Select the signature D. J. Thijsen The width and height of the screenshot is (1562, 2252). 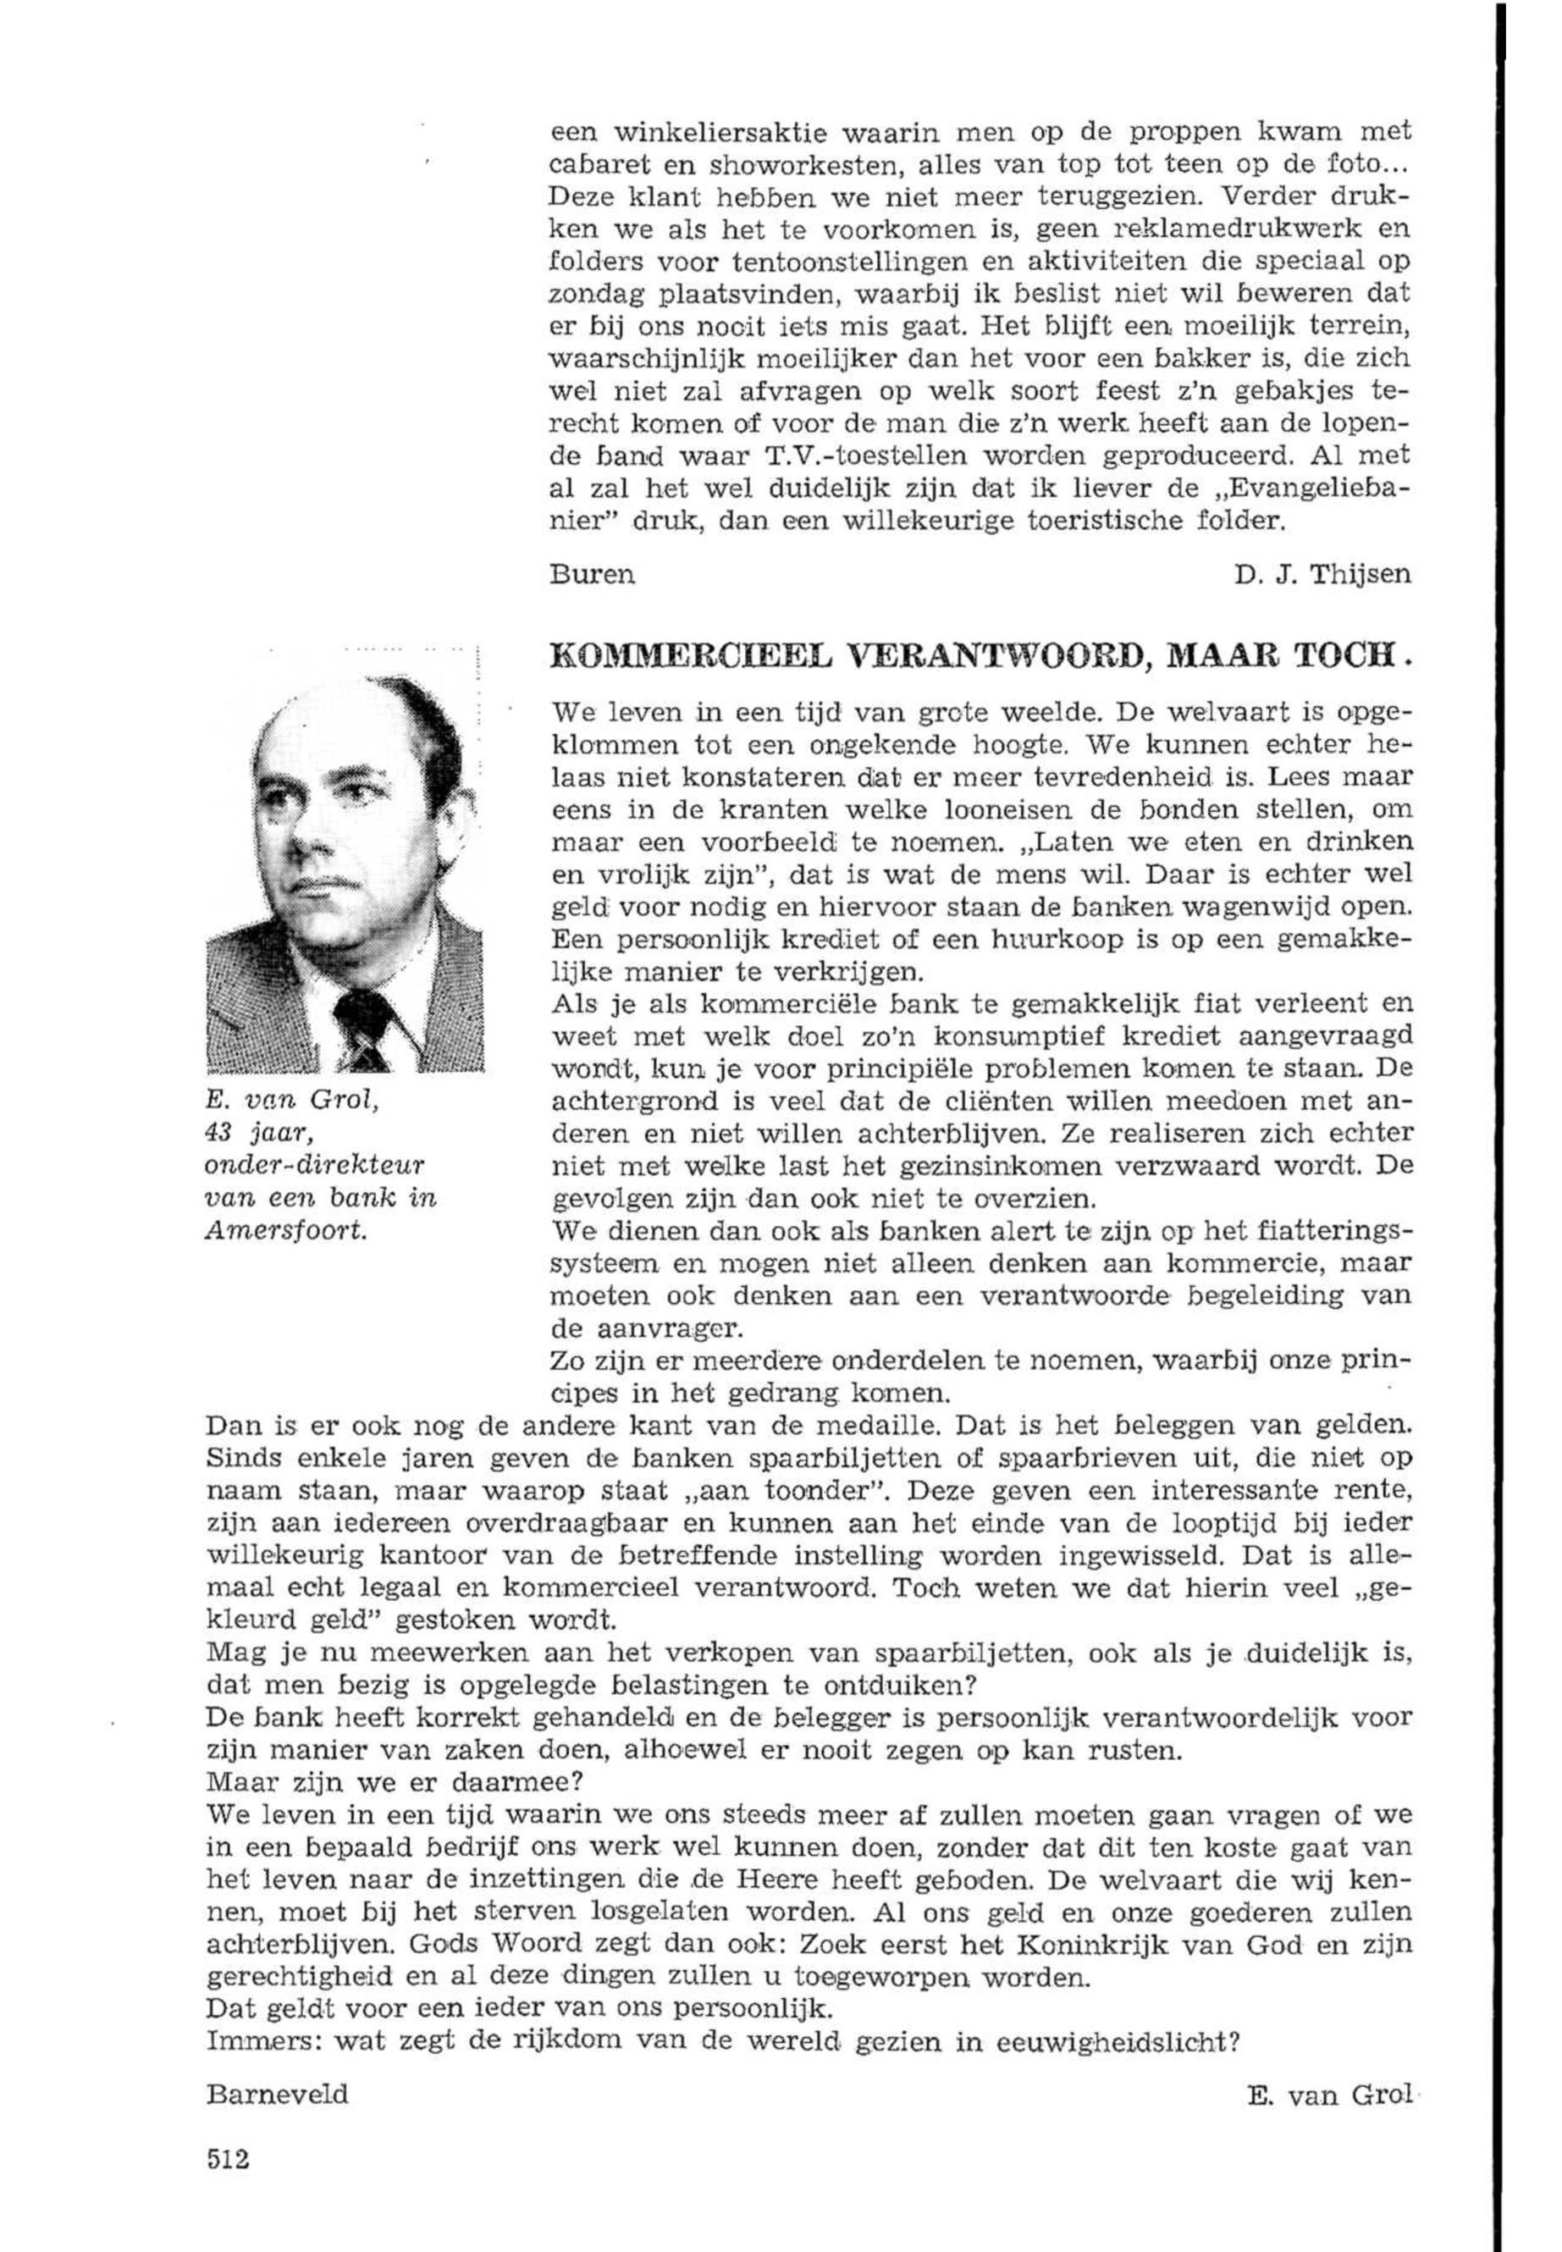tap(1322, 575)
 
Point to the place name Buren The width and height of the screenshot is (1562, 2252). tap(593, 575)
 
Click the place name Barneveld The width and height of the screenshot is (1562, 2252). tap(277, 2094)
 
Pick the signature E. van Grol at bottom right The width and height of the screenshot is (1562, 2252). tap(1329, 2094)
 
